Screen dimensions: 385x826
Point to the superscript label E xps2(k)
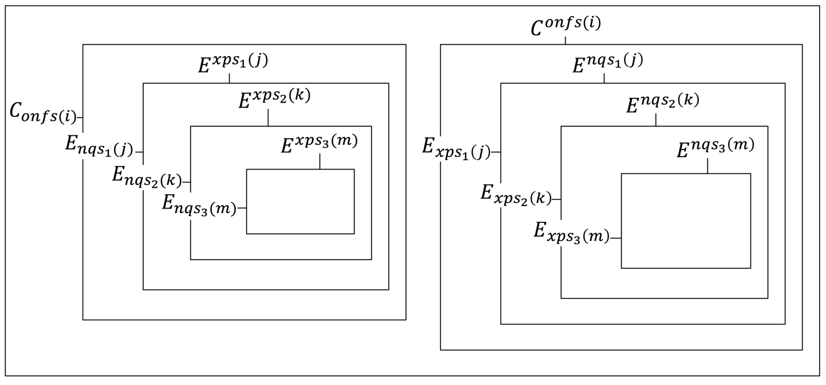pyautogui.click(x=274, y=99)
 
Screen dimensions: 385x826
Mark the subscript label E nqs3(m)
pyautogui.click(x=199, y=205)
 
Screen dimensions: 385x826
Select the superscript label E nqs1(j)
pyautogui.click(x=607, y=63)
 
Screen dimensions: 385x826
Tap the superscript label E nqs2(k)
pyautogui.click(x=662, y=104)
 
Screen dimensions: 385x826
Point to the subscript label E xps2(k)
pyautogui.click(x=515, y=196)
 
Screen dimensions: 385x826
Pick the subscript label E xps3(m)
pyautogui.click(x=570, y=233)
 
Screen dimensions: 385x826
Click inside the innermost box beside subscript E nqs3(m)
pyautogui.click(x=300, y=202)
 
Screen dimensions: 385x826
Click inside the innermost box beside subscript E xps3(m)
pyautogui.click(x=685, y=221)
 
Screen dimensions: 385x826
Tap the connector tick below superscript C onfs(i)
pyautogui.click(x=566, y=40)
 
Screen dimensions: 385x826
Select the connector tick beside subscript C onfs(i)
pyautogui.click(x=80, y=117)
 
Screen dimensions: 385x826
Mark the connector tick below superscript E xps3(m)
pyautogui.click(x=320, y=162)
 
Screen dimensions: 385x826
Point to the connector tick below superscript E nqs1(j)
pyautogui.click(x=604, y=78)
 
